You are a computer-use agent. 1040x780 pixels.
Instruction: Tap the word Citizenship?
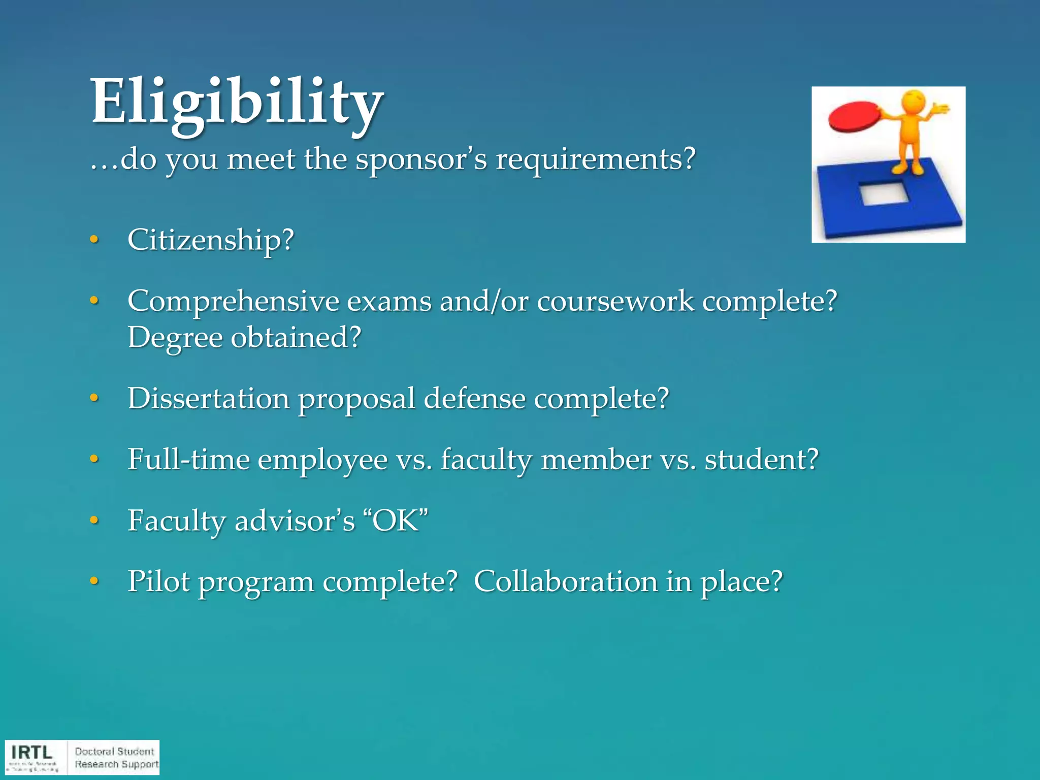211,240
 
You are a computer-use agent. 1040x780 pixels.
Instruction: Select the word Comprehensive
233,302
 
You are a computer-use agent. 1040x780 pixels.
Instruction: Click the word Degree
175,338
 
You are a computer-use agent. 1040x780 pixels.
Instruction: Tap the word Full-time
188,459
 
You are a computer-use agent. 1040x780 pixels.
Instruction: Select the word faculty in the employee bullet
486,460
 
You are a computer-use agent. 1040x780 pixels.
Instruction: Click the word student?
761,459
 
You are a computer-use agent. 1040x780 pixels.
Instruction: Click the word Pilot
158,581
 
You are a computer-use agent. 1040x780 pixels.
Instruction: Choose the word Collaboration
566,581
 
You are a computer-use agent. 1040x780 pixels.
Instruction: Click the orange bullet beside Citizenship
93,240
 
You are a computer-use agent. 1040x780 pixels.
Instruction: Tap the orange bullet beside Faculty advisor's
93,521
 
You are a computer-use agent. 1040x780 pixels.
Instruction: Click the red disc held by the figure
854,116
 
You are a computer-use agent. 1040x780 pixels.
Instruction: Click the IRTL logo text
32,752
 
